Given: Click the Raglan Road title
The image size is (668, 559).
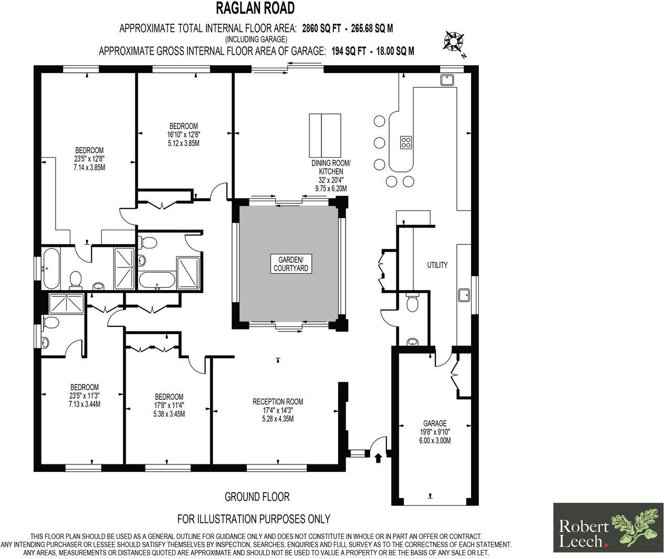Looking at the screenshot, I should click(x=256, y=8).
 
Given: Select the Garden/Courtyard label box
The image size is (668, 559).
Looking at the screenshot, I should click(x=291, y=263).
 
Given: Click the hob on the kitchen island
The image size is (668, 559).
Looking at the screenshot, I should click(x=406, y=142).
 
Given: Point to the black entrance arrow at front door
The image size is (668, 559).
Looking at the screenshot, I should click(x=378, y=458).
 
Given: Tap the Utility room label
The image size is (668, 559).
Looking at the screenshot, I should click(x=437, y=265).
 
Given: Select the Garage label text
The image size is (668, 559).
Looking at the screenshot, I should click(x=435, y=423).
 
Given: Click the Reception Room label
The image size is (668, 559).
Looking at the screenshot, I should click(x=278, y=402).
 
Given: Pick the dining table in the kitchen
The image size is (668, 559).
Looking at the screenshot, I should click(x=325, y=133).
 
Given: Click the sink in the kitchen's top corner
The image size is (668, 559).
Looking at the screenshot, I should click(x=447, y=80).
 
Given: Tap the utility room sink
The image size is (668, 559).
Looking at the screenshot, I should click(x=464, y=295).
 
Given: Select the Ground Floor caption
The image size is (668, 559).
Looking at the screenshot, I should click(x=257, y=496).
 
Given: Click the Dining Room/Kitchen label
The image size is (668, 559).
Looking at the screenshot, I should click(x=331, y=168).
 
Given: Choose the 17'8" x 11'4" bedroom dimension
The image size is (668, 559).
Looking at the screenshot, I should click(x=169, y=405).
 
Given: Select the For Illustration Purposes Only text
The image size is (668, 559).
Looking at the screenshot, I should click(x=254, y=519).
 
